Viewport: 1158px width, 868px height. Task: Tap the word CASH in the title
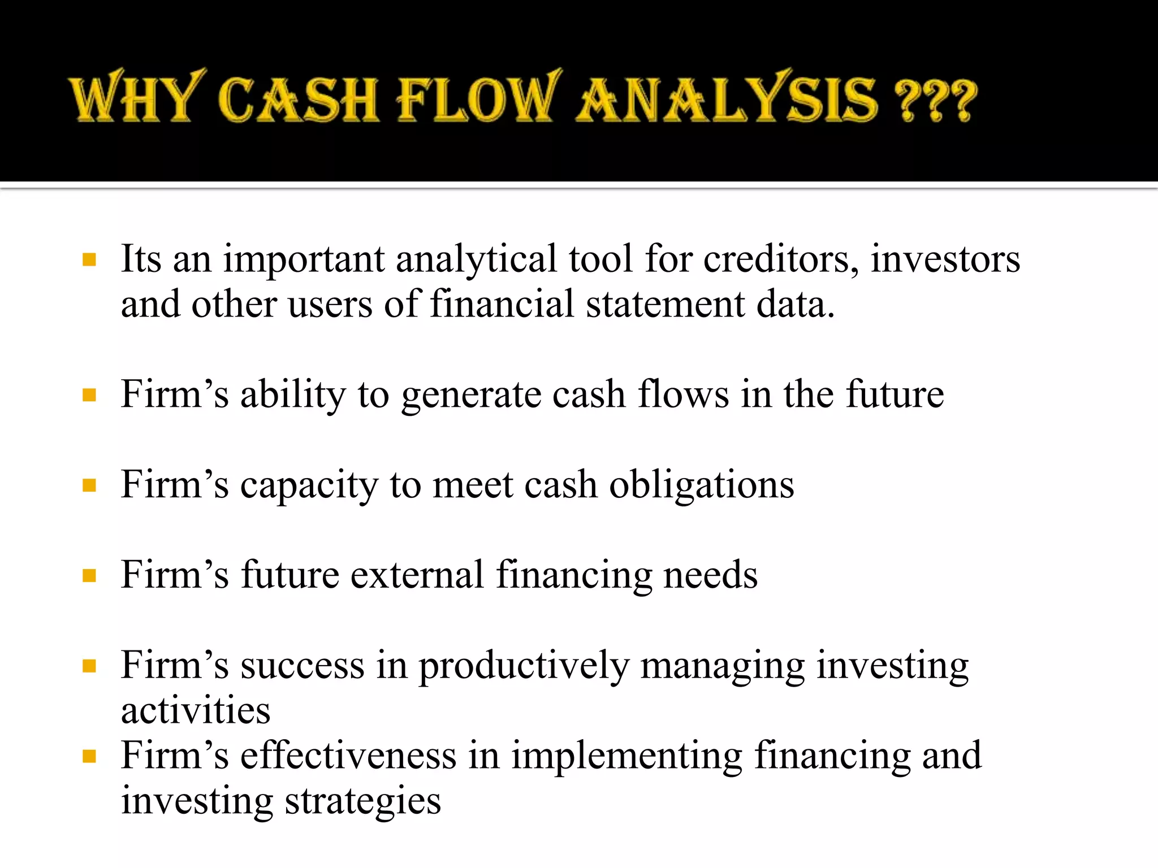298,99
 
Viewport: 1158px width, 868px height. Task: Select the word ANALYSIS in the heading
727,99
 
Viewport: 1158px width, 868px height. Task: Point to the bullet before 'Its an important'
89,259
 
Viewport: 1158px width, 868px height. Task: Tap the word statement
665,305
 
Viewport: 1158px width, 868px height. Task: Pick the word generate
471,396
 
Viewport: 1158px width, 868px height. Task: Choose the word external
417,575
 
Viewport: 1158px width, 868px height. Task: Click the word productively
524,666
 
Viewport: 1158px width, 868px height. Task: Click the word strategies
362,801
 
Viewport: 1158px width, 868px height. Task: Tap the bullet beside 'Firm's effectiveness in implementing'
89,756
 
